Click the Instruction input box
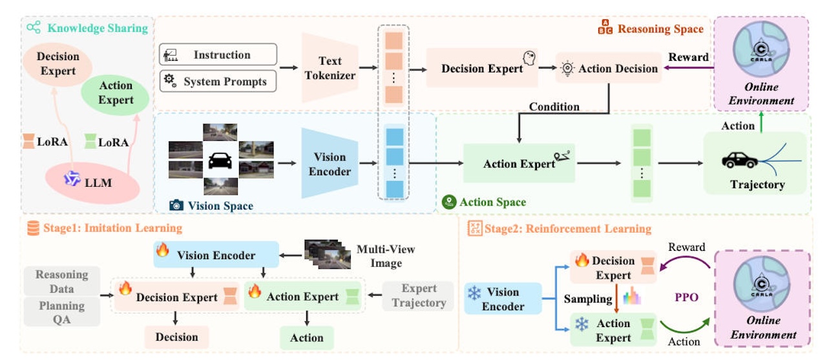point(218,54)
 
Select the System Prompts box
point(218,81)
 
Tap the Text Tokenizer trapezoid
point(330,68)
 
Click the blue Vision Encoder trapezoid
point(330,164)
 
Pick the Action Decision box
point(609,69)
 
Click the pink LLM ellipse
point(92,182)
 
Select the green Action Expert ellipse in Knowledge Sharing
point(115,94)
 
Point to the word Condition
point(554,107)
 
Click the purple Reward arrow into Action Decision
point(689,68)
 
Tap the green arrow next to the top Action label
point(761,122)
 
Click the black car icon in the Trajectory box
point(740,160)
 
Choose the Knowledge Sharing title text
point(98,28)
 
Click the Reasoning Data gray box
point(61,281)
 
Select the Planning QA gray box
point(61,312)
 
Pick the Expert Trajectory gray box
point(419,295)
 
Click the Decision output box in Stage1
point(176,337)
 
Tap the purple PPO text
point(686,297)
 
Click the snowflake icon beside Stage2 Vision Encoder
point(474,293)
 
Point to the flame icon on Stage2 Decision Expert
point(582,260)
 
